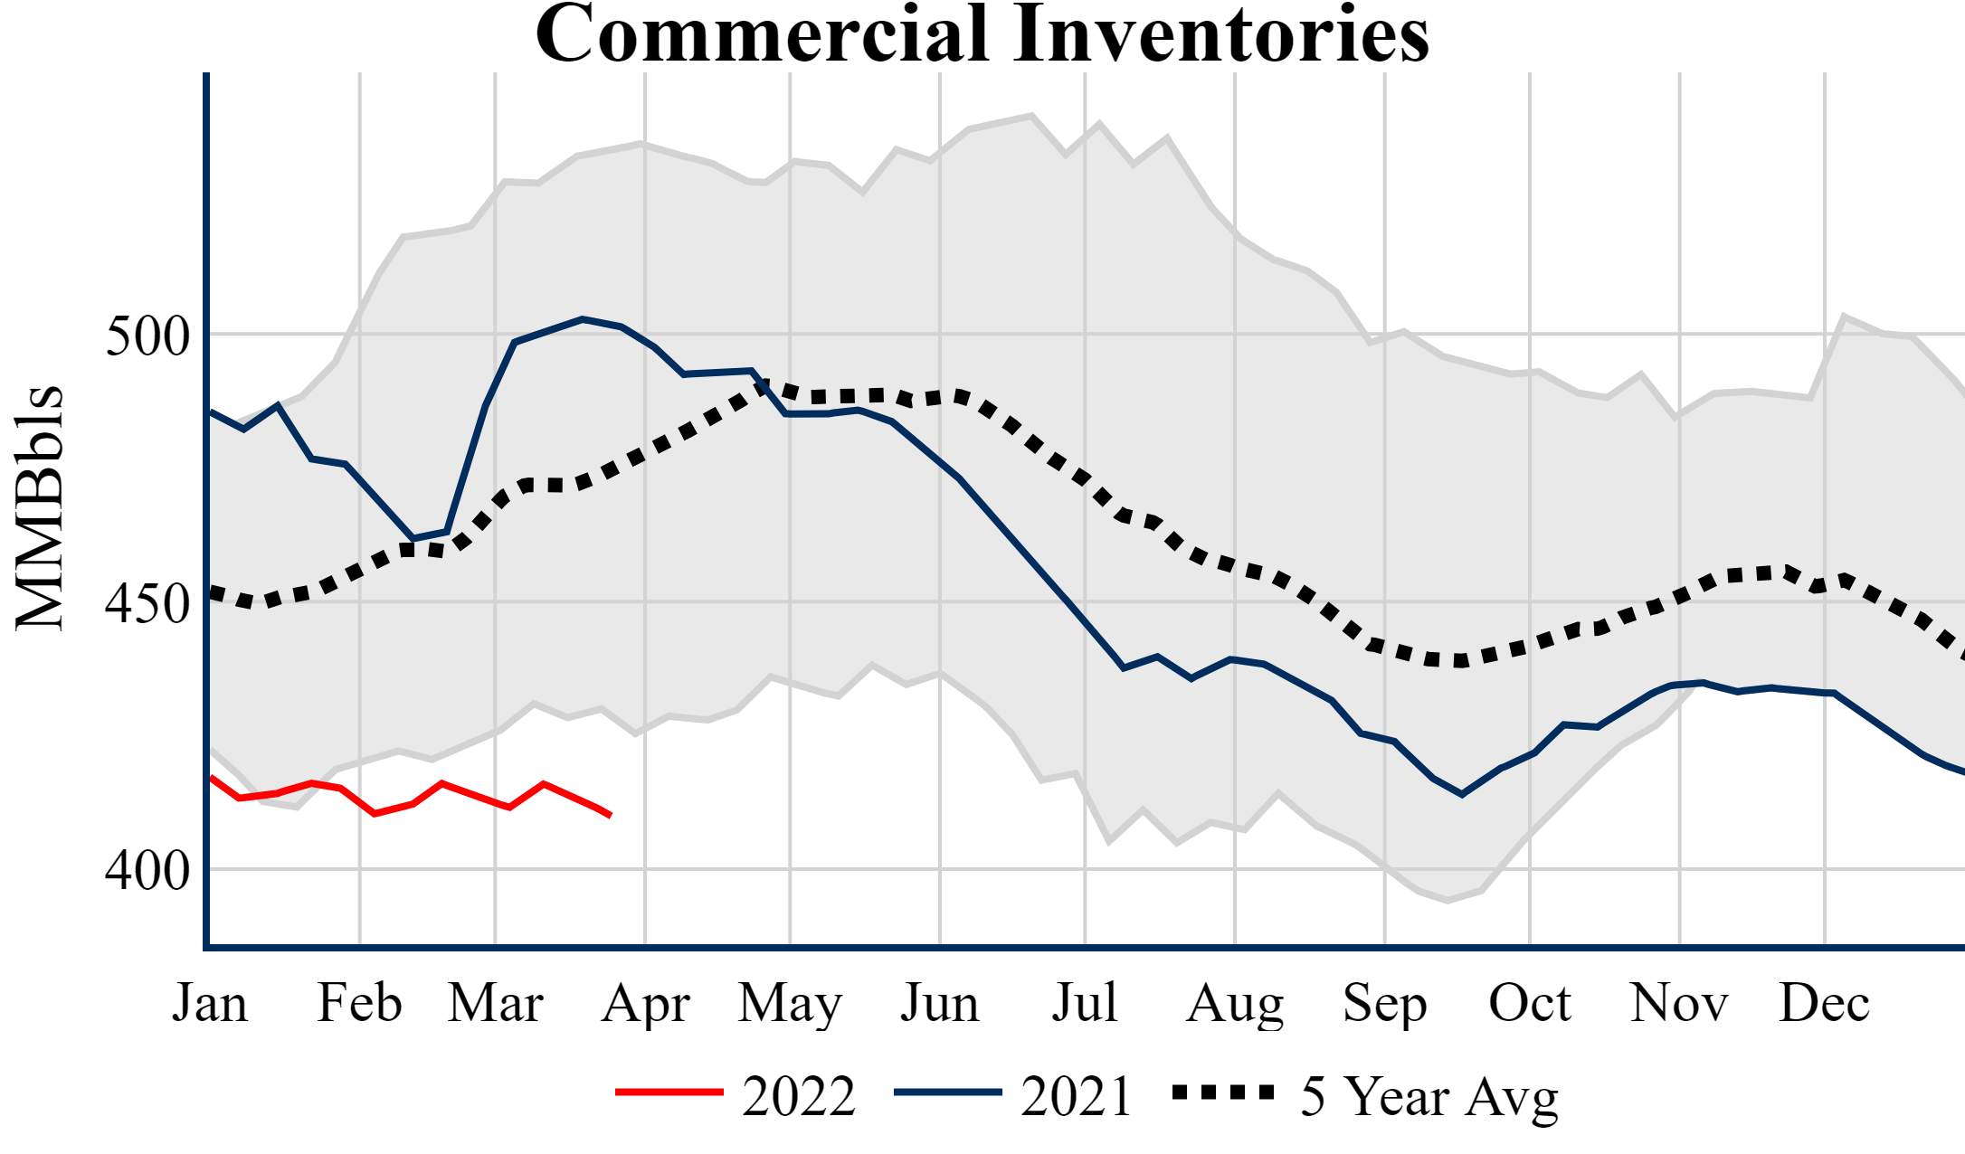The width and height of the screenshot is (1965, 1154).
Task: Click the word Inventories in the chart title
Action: point(1221,34)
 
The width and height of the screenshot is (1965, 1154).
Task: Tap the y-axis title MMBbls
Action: point(40,507)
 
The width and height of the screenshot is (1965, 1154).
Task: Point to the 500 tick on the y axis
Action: point(148,336)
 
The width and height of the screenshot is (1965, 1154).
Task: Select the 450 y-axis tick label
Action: point(148,604)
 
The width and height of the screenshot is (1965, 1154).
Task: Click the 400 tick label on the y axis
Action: point(148,871)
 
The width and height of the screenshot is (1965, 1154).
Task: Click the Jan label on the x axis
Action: point(210,1003)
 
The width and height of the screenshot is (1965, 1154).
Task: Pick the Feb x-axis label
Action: point(359,1003)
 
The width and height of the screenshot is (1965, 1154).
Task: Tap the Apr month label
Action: point(645,1003)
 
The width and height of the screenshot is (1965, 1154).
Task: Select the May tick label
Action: point(790,1003)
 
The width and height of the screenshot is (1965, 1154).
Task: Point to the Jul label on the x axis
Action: point(1084,1003)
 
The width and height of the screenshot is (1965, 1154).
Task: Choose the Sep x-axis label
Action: point(1384,1003)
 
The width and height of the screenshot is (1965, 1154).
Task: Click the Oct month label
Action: point(1530,1003)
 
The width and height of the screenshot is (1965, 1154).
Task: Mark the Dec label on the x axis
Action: point(1824,1003)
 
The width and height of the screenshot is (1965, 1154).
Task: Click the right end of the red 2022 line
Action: point(611,816)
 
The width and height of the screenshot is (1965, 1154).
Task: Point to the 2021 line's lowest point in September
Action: point(1462,795)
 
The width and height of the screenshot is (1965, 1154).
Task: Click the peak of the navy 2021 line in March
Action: point(583,318)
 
